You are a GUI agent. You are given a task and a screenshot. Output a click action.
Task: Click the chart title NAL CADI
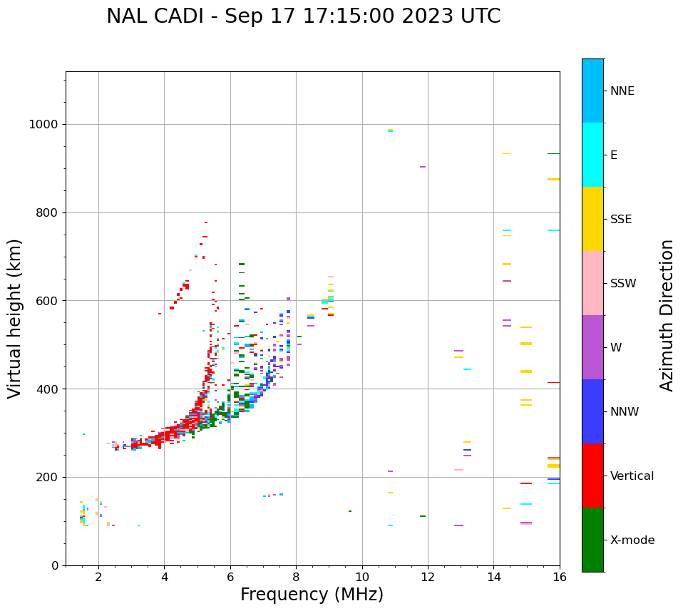303,16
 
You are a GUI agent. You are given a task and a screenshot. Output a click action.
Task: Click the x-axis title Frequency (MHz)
312,595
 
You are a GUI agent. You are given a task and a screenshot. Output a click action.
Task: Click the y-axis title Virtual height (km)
15,319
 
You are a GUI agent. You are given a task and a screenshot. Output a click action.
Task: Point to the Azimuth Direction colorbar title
667,315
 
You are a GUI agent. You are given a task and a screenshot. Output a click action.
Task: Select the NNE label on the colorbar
622,91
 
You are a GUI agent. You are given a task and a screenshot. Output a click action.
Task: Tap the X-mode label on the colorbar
632,540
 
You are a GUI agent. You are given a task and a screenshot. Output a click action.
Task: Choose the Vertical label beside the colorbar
632,476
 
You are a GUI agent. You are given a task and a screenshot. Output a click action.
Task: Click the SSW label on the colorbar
622,284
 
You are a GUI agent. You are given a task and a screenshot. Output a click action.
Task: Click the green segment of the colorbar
592,540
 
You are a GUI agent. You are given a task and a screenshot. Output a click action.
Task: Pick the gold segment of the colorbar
592,219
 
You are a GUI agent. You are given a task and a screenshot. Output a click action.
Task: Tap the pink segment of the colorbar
592,283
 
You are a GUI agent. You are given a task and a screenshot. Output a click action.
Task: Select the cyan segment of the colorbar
592,155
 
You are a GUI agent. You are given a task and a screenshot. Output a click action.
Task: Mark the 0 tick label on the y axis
56,565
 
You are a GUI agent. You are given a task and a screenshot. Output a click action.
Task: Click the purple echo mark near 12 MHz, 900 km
423,167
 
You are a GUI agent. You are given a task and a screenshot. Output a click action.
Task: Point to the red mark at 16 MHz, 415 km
553,383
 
